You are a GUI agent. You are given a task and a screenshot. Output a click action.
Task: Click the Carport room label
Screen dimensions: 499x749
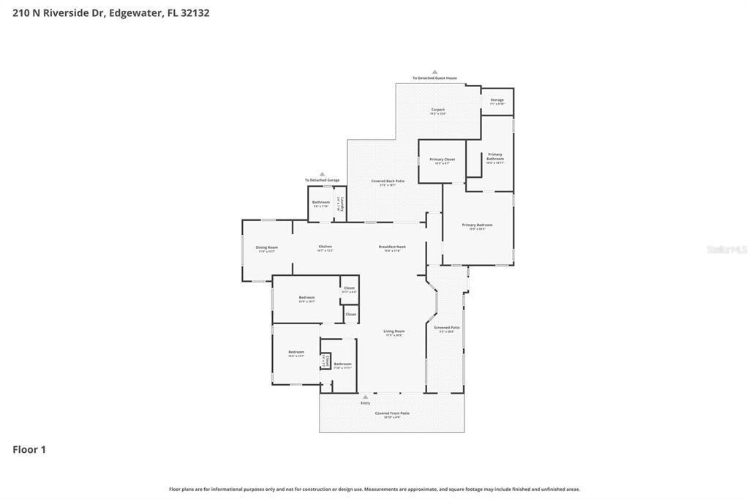click(437, 110)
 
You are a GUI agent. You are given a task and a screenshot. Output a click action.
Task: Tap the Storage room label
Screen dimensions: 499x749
click(497, 100)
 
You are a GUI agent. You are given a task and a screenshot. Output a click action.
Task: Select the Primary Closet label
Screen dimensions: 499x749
click(442, 160)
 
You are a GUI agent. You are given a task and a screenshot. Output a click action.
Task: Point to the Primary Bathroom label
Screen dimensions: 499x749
click(495, 157)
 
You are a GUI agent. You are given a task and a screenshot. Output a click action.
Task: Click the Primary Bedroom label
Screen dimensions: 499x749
click(477, 225)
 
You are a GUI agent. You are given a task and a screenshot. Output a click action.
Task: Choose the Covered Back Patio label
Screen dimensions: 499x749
click(388, 181)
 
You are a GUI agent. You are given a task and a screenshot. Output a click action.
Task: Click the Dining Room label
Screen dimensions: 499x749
click(266, 247)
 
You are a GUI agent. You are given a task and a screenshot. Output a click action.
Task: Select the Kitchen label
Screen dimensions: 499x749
click(325, 247)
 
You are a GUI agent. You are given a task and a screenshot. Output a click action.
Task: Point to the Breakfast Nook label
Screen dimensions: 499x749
click(392, 247)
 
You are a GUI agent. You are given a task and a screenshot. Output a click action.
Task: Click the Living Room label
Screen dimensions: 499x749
click(394, 331)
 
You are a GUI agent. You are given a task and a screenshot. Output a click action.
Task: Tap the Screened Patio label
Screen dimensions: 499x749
click(446, 328)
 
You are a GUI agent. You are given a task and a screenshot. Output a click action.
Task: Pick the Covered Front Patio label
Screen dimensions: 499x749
click(392, 413)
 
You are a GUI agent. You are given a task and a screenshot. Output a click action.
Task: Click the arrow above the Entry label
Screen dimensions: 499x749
click(365, 397)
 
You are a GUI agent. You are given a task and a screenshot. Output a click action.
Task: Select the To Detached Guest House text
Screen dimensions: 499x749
click(434, 78)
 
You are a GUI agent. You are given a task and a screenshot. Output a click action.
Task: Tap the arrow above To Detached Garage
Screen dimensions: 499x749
click(322, 174)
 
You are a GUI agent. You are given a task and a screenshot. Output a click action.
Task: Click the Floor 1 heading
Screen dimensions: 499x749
click(29, 449)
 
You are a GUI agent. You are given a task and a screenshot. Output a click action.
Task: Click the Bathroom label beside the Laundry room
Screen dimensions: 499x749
click(320, 202)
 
